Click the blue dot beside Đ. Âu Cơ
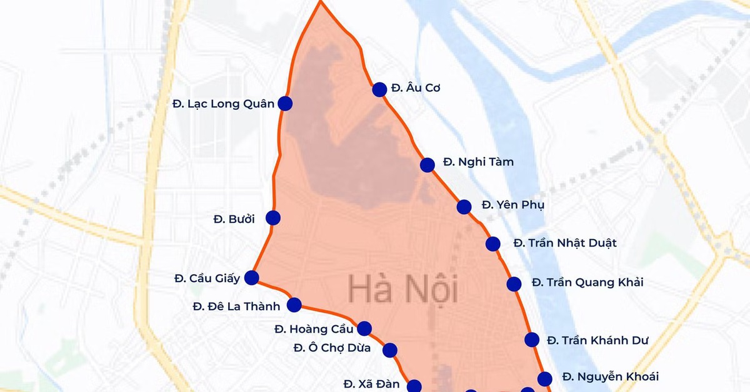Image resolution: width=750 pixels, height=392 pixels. coord(379,89)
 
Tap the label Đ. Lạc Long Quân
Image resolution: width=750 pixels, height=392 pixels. coord(223,104)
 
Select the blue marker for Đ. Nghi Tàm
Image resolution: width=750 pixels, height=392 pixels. coord(427,165)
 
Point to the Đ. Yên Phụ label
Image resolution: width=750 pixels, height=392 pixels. coord(504,205)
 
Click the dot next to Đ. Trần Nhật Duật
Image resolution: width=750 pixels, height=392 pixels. coord(493,244)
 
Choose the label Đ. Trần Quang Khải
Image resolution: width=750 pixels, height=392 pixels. coord(587,283)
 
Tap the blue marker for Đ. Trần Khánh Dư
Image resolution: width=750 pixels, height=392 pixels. coord(532,340)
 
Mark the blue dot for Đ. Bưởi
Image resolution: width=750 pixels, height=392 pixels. coord(273,218)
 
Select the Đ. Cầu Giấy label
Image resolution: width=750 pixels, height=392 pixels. coord(207,278)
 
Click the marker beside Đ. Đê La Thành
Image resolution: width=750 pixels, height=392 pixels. coord(294,305)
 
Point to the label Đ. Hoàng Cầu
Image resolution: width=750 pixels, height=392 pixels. coord(314,329)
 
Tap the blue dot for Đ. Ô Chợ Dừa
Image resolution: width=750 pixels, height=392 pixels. coord(390,350)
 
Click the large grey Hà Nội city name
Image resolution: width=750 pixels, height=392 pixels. coord(402,290)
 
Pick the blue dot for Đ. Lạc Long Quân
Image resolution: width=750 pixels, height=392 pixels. coord(285,104)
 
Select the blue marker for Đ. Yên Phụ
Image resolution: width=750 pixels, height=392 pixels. coord(464,207)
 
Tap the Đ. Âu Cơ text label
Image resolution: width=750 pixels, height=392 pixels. coord(416,88)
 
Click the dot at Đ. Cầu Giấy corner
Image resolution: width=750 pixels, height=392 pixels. coord(252,278)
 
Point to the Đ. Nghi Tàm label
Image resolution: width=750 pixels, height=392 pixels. coord(478,162)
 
